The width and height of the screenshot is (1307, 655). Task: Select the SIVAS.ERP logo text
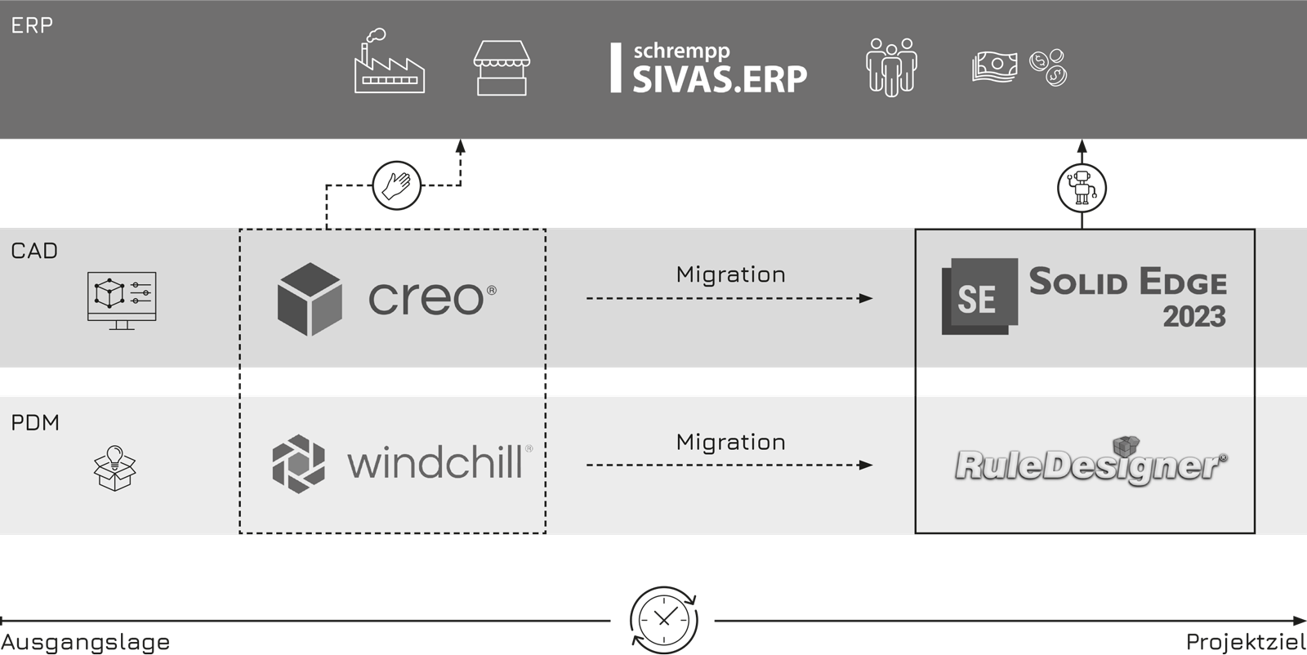click(x=719, y=78)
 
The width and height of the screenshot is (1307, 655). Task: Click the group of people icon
click(x=891, y=67)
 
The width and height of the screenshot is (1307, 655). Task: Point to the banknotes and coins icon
click(x=1019, y=67)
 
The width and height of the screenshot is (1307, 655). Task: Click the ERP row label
click(x=32, y=25)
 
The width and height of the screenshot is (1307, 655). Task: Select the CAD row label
click(x=34, y=251)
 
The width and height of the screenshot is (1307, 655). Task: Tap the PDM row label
click(x=35, y=422)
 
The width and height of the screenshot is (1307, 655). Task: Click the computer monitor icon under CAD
click(x=122, y=300)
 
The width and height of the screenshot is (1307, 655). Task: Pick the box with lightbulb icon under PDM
click(x=115, y=468)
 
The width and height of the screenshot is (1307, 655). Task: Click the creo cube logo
click(x=310, y=299)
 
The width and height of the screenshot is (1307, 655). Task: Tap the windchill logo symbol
click(x=298, y=464)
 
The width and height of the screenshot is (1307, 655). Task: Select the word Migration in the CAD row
click(x=730, y=274)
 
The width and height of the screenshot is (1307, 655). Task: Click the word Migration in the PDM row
click(x=730, y=442)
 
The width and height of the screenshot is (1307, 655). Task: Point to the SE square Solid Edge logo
click(x=979, y=296)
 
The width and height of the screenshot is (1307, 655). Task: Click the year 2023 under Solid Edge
click(x=1193, y=317)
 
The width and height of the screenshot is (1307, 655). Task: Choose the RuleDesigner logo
click(x=1091, y=463)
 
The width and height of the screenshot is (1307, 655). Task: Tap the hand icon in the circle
click(x=396, y=185)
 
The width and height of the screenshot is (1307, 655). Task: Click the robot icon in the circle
click(x=1082, y=188)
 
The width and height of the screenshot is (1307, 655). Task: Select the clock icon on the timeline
click(x=663, y=621)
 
